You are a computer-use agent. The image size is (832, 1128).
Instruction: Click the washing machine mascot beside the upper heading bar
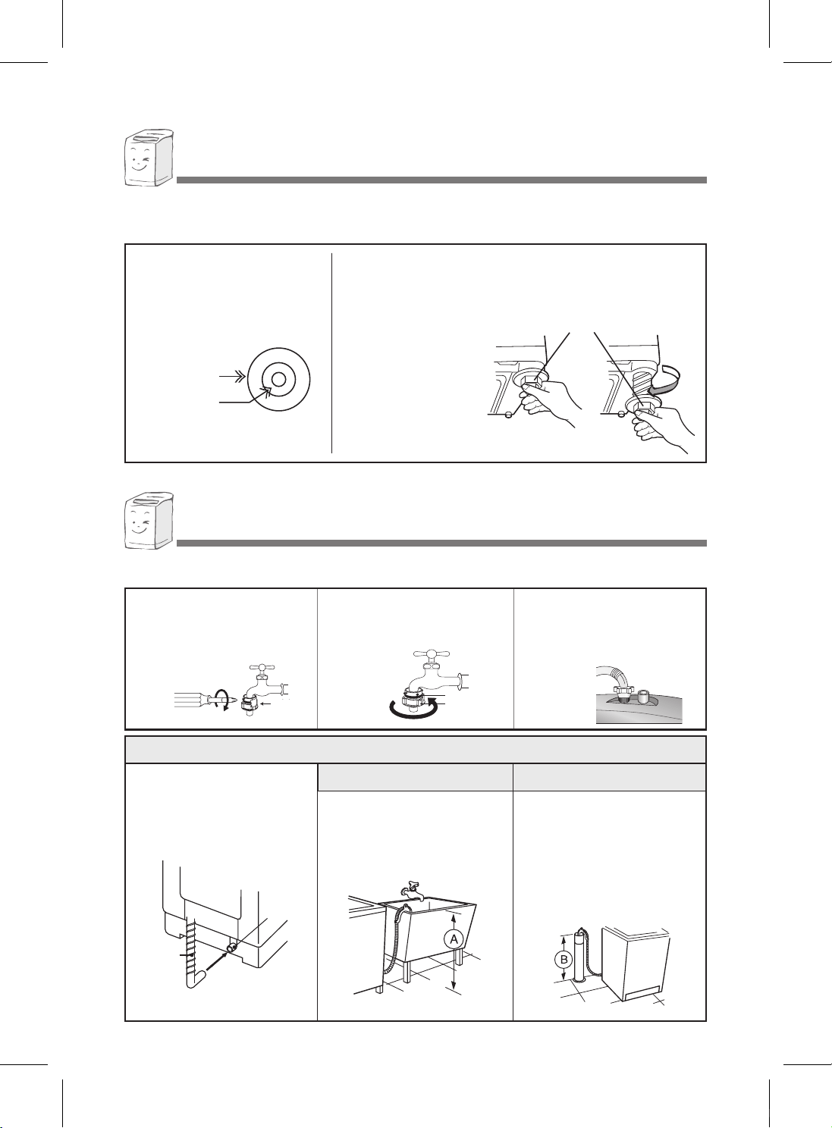pos(149,158)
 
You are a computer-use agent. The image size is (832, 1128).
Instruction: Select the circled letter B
pos(564,959)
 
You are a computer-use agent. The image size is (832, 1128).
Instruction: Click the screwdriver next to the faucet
pos(199,700)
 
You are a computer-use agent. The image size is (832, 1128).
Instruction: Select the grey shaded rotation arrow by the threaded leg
pos(664,379)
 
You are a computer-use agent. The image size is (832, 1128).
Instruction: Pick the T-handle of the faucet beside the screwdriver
pos(262,668)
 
